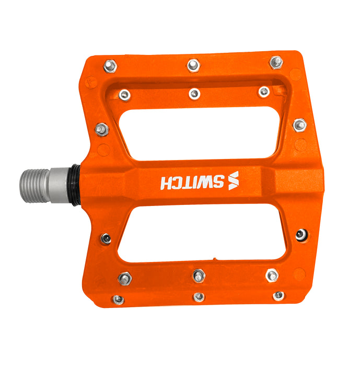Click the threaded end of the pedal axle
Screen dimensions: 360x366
(x=35, y=186)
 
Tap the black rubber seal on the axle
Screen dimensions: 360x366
(x=75, y=185)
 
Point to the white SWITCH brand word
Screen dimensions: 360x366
(x=192, y=182)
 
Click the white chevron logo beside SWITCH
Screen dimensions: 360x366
(x=234, y=181)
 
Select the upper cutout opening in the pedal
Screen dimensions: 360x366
(x=201, y=133)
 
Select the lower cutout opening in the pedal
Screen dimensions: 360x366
(x=201, y=233)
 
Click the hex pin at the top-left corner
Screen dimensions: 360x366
(x=110, y=66)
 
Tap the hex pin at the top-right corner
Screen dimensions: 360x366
(x=276, y=62)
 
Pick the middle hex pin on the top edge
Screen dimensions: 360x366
(x=193, y=65)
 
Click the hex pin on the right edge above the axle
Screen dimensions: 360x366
(x=300, y=125)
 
